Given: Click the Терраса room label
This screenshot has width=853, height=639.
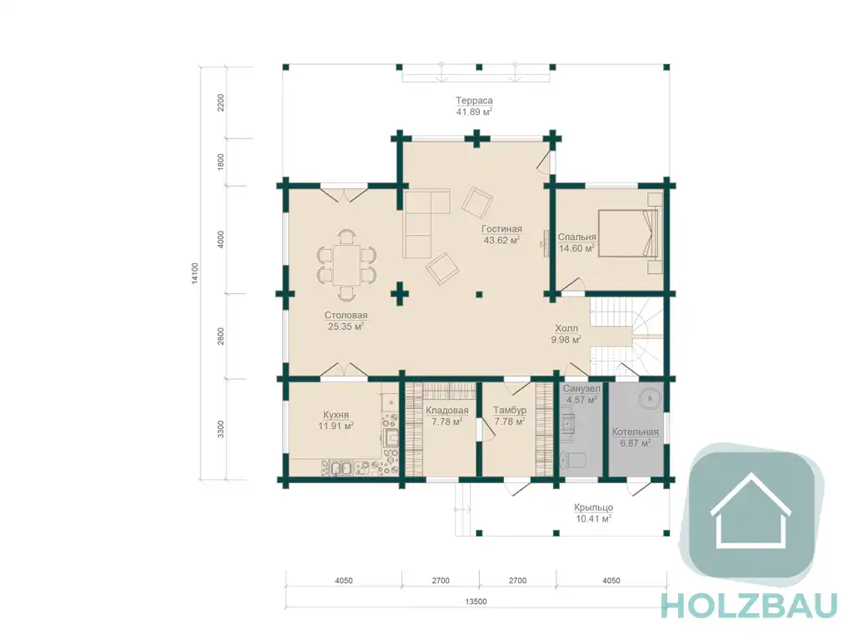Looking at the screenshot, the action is [474, 101].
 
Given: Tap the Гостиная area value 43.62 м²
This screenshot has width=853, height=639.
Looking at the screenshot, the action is [501, 240].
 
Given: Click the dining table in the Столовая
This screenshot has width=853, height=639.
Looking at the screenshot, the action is [346, 265].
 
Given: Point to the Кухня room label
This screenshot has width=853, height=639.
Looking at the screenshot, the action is [336, 415].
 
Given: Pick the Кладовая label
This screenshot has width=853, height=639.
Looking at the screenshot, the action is [446, 411].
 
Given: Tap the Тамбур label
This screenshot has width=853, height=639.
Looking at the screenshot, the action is [510, 411].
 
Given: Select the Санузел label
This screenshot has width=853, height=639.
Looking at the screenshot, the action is [581, 388].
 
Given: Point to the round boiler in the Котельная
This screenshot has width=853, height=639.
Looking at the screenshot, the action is [650, 398].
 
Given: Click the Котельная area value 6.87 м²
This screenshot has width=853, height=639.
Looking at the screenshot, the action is [636, 443].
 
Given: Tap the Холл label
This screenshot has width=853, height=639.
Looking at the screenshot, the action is [566, 328].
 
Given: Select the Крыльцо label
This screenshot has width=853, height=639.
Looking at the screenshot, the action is [593, 507].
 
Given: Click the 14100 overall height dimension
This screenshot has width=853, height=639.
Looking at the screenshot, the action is [195, 273].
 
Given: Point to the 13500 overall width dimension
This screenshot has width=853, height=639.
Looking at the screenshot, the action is [476, 602].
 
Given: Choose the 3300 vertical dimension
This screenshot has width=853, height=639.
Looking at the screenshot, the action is [220, 429].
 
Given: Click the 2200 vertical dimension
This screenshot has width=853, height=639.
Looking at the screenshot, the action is [220, 102].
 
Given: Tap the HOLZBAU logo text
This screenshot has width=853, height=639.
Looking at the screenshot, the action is [749, 605].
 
